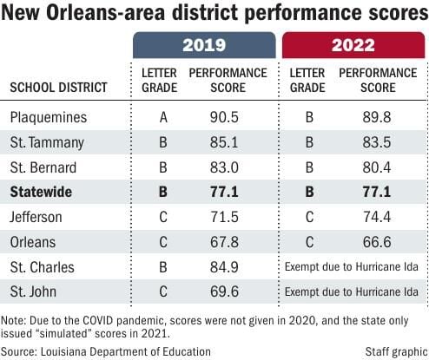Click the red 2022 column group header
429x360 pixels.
click(353, 45)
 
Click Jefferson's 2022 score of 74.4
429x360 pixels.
click(379, 216)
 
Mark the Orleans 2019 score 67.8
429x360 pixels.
click(227, 241)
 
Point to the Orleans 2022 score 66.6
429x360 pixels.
click(379, 241)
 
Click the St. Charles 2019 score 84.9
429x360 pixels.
click(227, 266)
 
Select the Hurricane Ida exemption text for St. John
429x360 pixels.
click(354, 291)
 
